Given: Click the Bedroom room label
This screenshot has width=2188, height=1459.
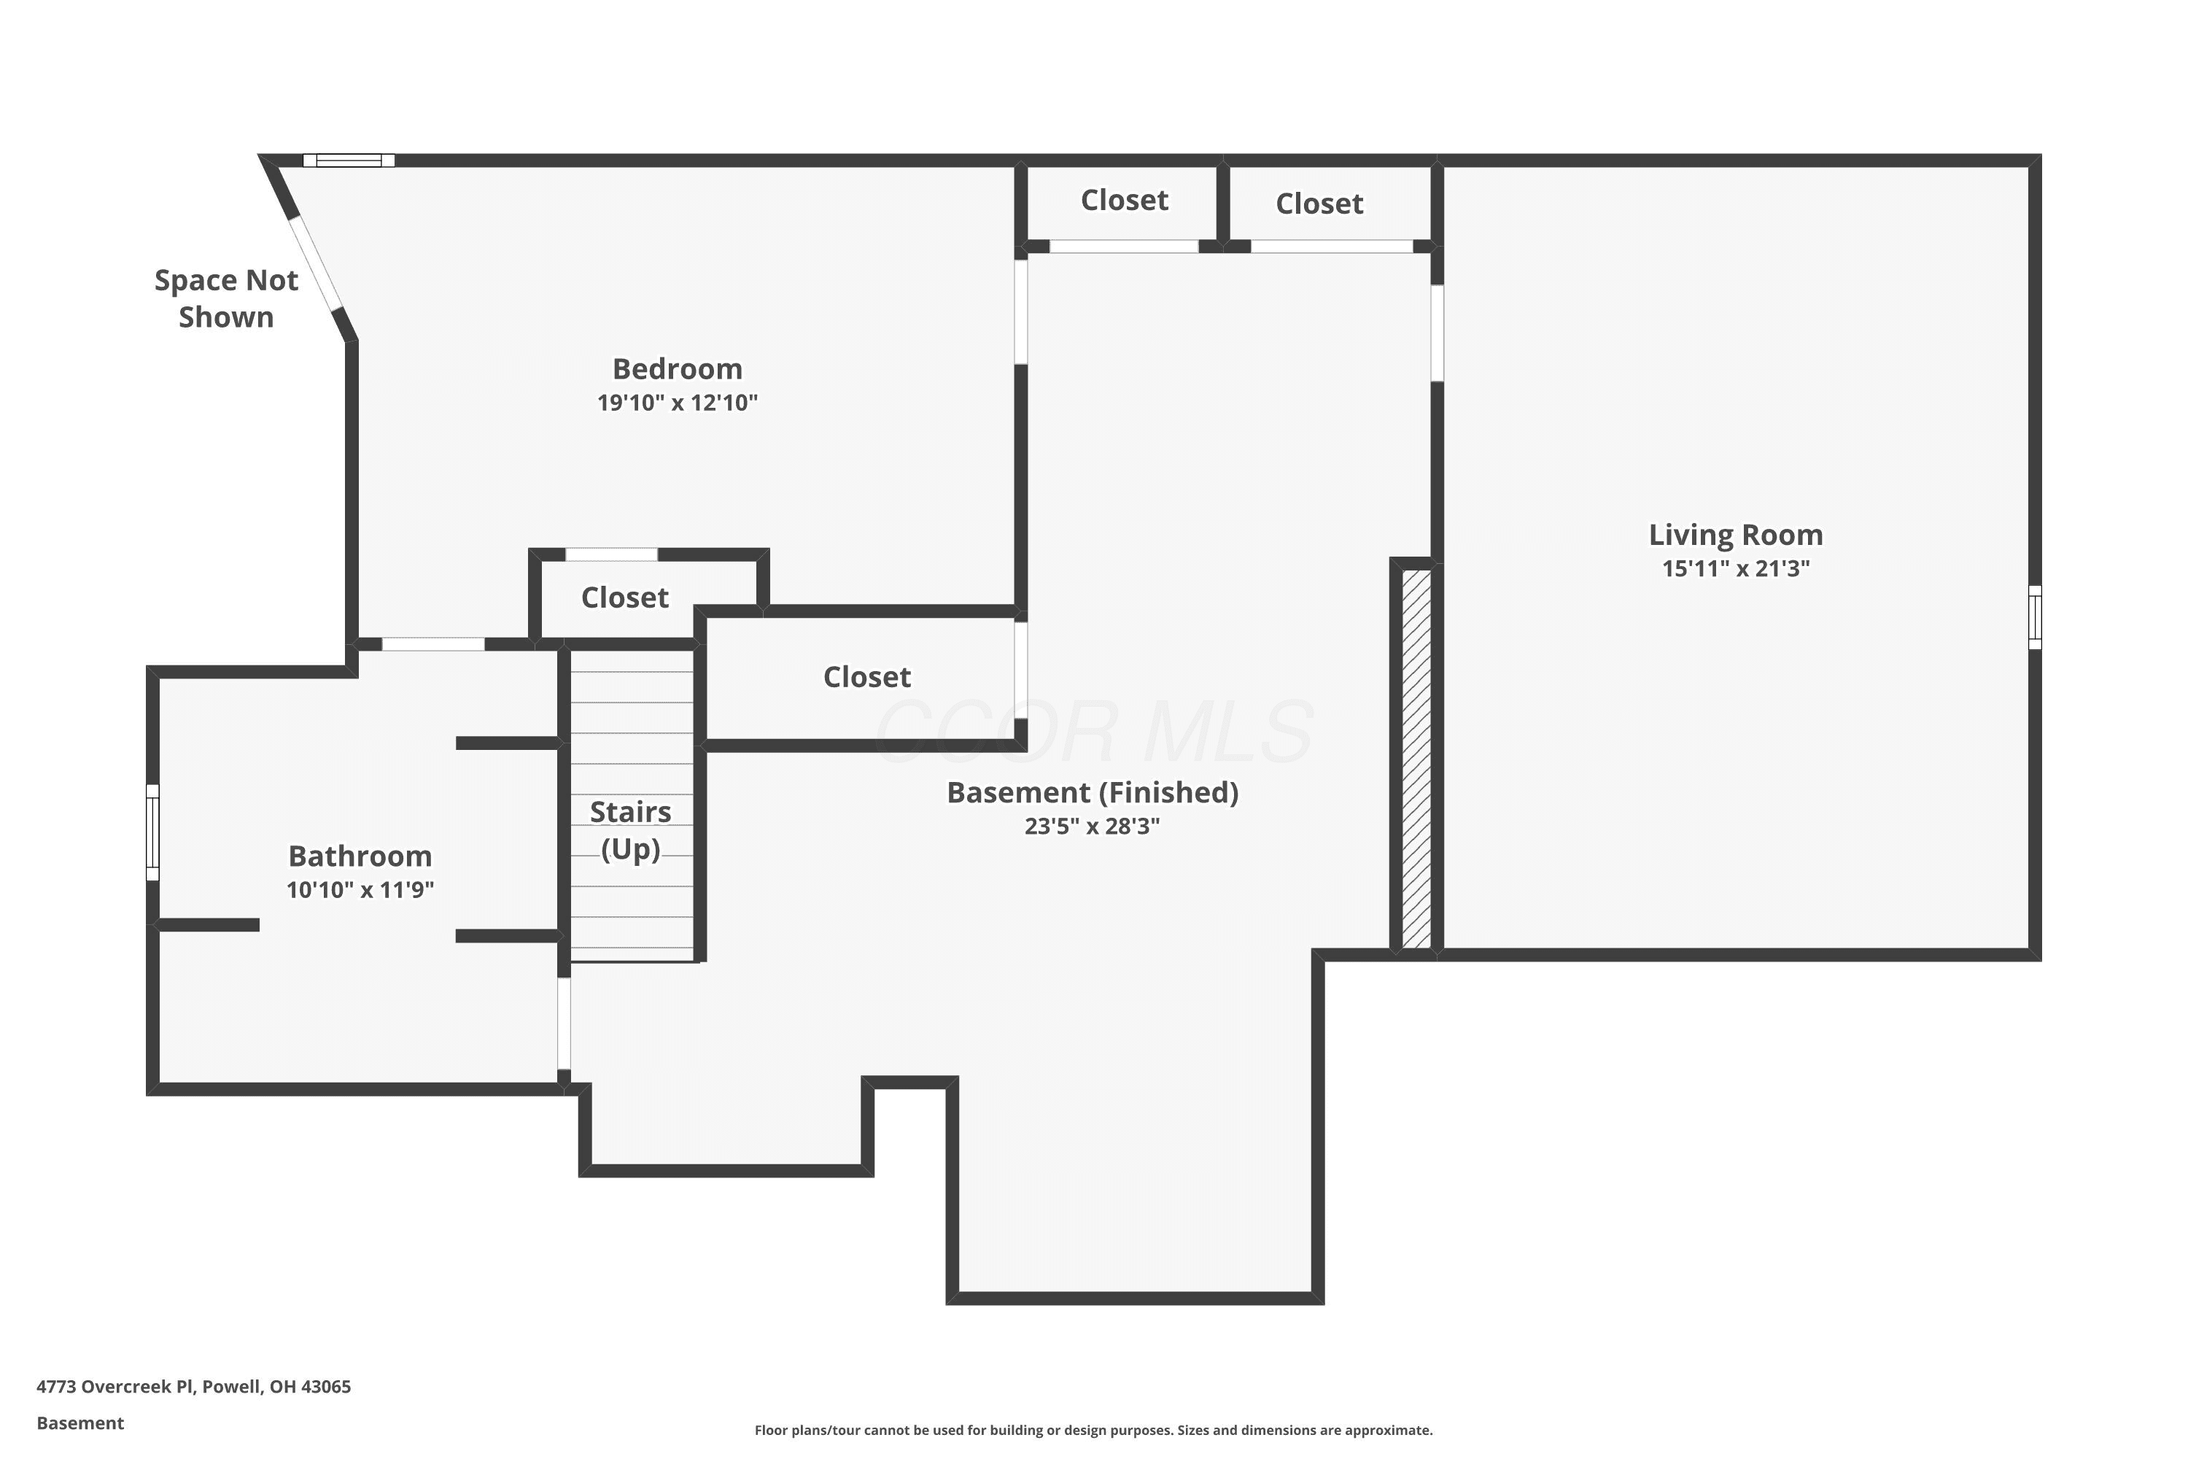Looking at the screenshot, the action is [x=678, y=368].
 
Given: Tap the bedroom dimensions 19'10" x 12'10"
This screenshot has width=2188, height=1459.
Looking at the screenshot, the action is [x=678, y=402].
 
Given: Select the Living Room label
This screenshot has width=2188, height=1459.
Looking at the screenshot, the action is [x=1736, y=535].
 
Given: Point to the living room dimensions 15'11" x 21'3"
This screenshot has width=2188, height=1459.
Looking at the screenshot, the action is [x=1736, y=568].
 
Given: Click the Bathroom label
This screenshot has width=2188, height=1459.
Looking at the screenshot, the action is [x=360, y=856].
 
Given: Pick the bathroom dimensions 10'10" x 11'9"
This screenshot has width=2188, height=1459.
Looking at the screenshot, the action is [x=360, y=889].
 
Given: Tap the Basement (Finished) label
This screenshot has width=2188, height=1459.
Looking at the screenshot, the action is [x=1092, y=793].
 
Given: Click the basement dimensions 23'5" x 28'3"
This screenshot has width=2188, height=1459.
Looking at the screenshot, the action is [x=1092, y=827].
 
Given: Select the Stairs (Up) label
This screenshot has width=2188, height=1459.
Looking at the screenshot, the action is [x=631, y=830].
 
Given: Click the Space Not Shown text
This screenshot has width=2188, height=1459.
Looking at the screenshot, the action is [x=226, y=298].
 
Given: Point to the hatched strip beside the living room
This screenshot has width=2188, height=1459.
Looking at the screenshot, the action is [x=1416, y=759].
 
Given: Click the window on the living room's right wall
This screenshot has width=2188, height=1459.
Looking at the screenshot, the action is [x=2035, y=617].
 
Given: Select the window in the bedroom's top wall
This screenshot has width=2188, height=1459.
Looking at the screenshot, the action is [x=349, y=160].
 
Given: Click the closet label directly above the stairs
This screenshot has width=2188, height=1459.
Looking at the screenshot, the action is [x=625, y=597].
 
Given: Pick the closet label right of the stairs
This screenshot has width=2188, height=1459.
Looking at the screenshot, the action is [x=867, y=676].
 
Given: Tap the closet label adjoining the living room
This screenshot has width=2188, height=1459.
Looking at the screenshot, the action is [x=1319, y=203].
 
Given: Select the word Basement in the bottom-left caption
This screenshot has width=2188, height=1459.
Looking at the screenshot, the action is [x=80, y=1423].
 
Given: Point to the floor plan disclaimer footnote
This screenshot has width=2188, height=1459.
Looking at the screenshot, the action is [x=1093, y=1430].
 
